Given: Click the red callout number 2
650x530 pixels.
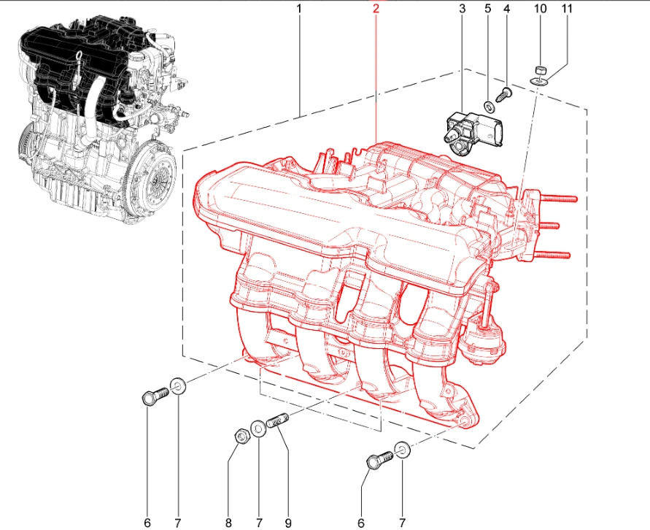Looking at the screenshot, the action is pyautogui.click(x=376, y=8).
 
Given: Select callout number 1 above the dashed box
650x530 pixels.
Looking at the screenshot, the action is pyautogui.click(x=299, y=8).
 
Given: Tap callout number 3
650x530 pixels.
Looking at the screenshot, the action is pyautogui.click(x=463, y=8).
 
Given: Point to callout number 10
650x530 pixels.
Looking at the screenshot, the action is pyautogui.click(x=540, y=8).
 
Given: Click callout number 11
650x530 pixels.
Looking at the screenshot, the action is pyautogui.click(x=566, y=8).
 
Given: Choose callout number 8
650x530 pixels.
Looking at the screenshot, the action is pyautogui.click(x=228, y=523).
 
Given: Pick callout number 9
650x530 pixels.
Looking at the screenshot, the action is pyautogui.click(x=287, y=523).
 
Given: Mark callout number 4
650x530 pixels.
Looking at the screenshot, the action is pyautogui.click(x=506, y=8).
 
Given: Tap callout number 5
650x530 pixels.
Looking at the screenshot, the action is pyautogui.click(x=487, y=8).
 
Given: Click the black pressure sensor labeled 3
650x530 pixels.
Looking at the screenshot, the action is pyautogui.click(x=474, y=132).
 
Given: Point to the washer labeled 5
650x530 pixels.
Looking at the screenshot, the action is pyautogui.click(x=490, y=107).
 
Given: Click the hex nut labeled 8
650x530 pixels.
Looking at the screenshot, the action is pyautogui.click(x=241, y=437).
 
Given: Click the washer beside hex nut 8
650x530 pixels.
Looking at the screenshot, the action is pyautogui.click(x=259, y=429).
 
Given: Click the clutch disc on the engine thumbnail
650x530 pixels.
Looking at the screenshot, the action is pyautogui.click(x=158, y=178).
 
